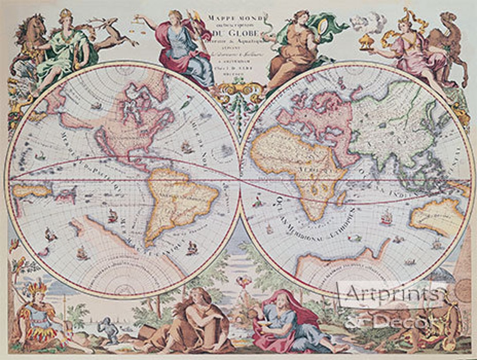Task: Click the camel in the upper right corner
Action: point(446,49)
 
